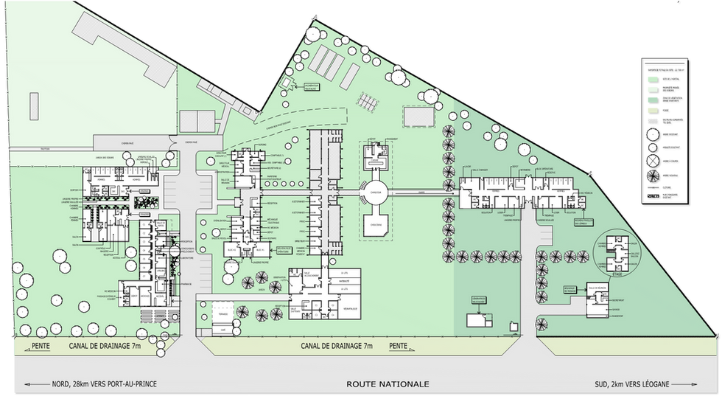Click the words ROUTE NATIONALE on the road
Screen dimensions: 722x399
coord(388,384)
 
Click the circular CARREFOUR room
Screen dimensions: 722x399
coord(374,194)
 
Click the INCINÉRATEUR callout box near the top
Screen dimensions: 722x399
coord(312,87)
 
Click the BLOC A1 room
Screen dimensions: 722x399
coord(240,251)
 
